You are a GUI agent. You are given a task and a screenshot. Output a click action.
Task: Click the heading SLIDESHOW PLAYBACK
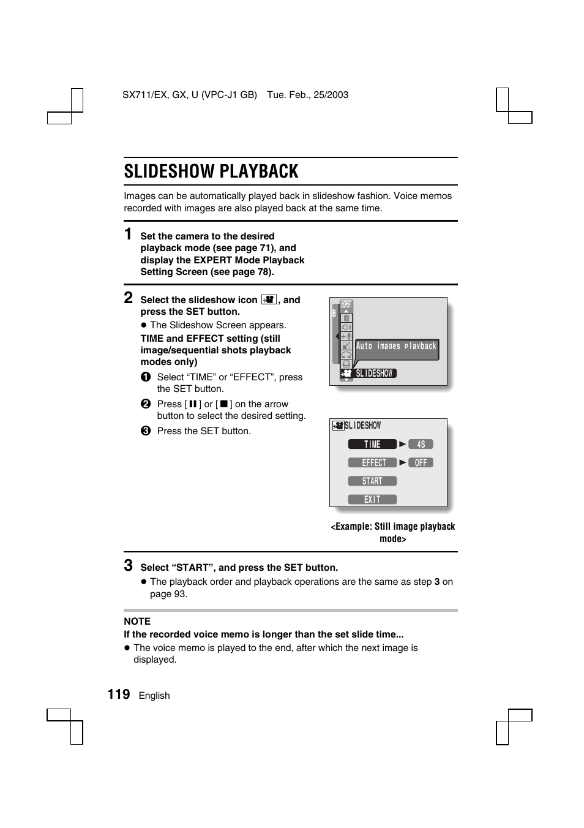click(211, 171)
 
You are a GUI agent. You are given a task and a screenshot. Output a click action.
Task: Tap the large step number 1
click(128, 234)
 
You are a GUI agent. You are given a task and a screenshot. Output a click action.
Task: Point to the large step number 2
click(128, 298)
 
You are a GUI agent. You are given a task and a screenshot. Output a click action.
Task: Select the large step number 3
click(128, 565)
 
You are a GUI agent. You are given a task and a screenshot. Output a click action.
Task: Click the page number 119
click(119, 694)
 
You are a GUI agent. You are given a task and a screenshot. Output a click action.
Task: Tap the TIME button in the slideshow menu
click(372, 444)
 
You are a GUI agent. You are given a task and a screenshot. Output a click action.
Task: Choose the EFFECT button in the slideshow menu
click(372, 462)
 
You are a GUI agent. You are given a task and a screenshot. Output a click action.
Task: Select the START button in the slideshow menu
click(372, 481)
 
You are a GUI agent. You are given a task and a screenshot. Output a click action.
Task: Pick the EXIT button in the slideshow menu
click(372, 499)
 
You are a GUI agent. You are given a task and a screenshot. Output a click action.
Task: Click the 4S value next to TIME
click(421, 444)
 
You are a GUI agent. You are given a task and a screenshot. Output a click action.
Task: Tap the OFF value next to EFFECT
click(421, 462)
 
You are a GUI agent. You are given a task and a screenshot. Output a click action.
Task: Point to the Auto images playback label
click(396, 346)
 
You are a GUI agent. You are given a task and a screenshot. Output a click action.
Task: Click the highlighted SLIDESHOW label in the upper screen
click(374, 373)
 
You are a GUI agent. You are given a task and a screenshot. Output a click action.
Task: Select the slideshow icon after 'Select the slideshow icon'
click(269, 299)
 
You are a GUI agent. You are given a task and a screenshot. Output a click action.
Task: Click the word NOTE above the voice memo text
click(137, 621)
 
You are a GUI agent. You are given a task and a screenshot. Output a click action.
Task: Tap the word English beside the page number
click(154, 696)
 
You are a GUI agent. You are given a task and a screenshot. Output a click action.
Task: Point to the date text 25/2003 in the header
click(332, 95)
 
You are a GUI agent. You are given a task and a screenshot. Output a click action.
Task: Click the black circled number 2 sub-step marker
click(146, 404)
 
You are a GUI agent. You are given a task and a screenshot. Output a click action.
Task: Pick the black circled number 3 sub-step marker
click(146, 431)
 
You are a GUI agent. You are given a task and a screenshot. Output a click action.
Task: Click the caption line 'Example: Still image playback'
click(393, 527)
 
